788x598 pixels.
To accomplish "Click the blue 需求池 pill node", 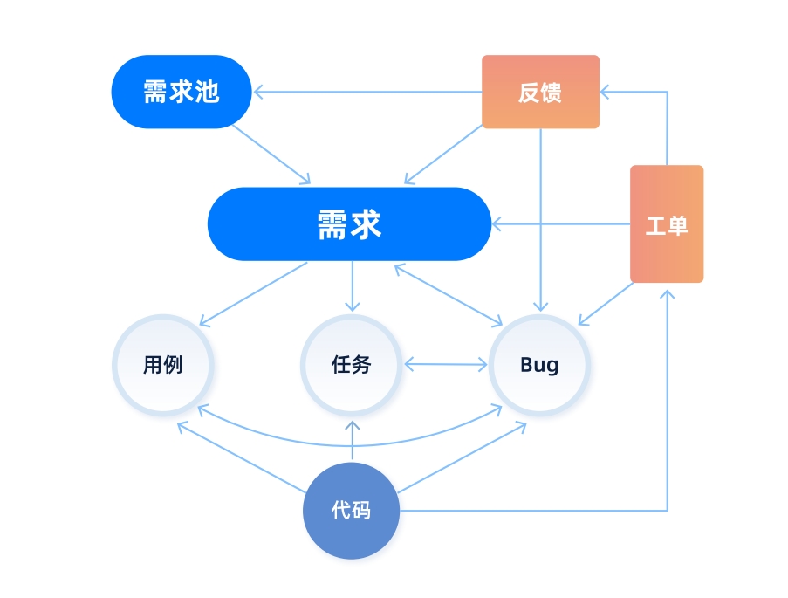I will [x=182, y=92].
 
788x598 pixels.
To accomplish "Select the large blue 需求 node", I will [x=349, y=224].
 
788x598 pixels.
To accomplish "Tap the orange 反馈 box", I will [x=540, y=92].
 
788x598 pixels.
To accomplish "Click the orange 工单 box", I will [x=667, y=224].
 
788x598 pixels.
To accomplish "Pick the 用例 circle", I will [x=163, y=364].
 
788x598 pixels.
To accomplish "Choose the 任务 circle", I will [x=352, y=364].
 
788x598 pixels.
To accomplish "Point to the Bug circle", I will [x=539, y=364].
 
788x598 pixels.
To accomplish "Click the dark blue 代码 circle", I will [x=351, y=511].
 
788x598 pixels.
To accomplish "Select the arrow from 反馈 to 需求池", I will [x=367, y=91].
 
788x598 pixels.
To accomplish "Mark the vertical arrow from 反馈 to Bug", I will [x=540, y=218].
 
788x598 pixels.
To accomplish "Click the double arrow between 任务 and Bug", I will [x=446, y=364].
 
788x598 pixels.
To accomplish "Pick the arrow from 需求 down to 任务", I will [x=352, y=285].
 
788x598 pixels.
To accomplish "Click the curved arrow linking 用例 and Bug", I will [x=351, y=444].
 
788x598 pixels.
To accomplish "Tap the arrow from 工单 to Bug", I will [x=606, y=304].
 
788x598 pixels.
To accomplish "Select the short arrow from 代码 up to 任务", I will [x=352, y=442].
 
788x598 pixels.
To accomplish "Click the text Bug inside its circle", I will [x=539, y=364].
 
